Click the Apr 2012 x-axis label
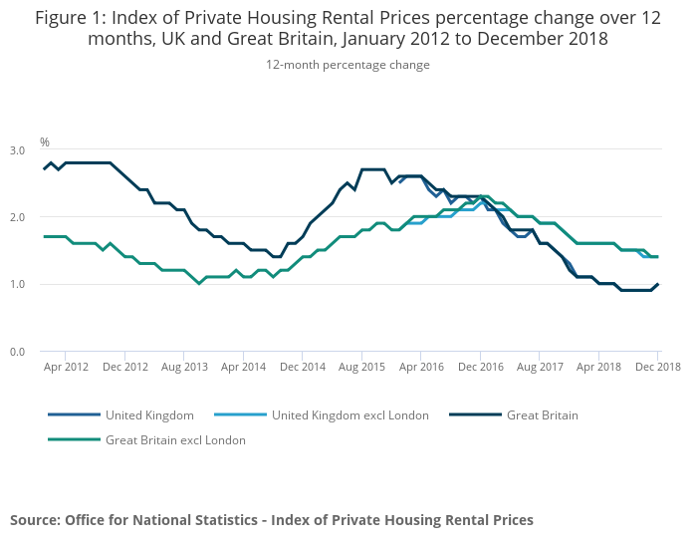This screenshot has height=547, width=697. [65, 367]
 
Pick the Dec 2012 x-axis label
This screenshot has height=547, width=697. [125, 367]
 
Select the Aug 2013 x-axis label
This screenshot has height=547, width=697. [184, 367]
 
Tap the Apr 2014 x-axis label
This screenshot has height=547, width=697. [243, 367]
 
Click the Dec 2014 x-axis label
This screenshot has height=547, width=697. [303, 367]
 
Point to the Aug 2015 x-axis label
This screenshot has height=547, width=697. [361, 367]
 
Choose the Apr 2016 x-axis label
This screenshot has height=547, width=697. [420, 367]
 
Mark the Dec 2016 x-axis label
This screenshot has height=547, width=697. [480, 367]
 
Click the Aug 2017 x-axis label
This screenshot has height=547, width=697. [539, 367]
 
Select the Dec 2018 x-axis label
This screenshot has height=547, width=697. [657, 367]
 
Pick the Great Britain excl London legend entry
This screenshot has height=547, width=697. [175, 439]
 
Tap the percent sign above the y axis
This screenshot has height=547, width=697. [45, 142]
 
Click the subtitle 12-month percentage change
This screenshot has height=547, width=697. [348, 65]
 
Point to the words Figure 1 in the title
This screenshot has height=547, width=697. [70, 17]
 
